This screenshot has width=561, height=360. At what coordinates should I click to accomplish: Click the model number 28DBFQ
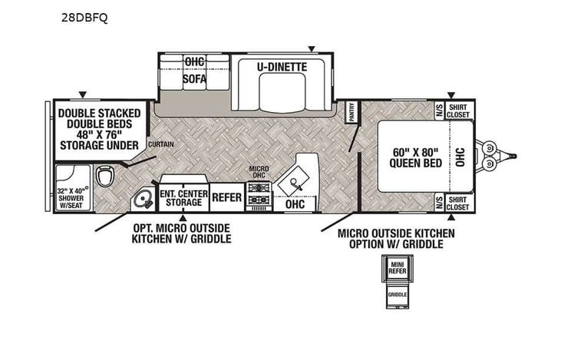point(86,18)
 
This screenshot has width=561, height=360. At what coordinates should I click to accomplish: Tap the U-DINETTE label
point(282,68)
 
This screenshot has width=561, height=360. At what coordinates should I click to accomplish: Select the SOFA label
point(194,78)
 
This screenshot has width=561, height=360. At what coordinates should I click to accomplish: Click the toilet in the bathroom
point(107,176)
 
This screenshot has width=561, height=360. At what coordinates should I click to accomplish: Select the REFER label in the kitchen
point(226,198)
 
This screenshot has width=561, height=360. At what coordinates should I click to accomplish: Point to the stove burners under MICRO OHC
point(257,198)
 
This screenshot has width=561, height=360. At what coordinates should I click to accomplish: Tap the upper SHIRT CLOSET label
point(457,111)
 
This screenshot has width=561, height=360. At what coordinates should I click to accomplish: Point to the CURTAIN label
point(160,144)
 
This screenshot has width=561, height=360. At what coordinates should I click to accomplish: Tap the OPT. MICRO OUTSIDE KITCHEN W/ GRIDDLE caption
point(181,233)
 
